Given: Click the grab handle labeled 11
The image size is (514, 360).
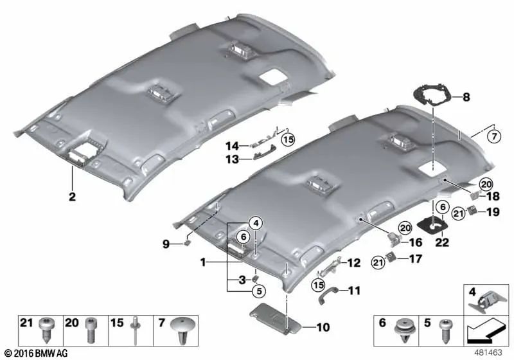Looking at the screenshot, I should [x=330, y=294].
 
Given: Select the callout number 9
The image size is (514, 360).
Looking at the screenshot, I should [x=166, y=244].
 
